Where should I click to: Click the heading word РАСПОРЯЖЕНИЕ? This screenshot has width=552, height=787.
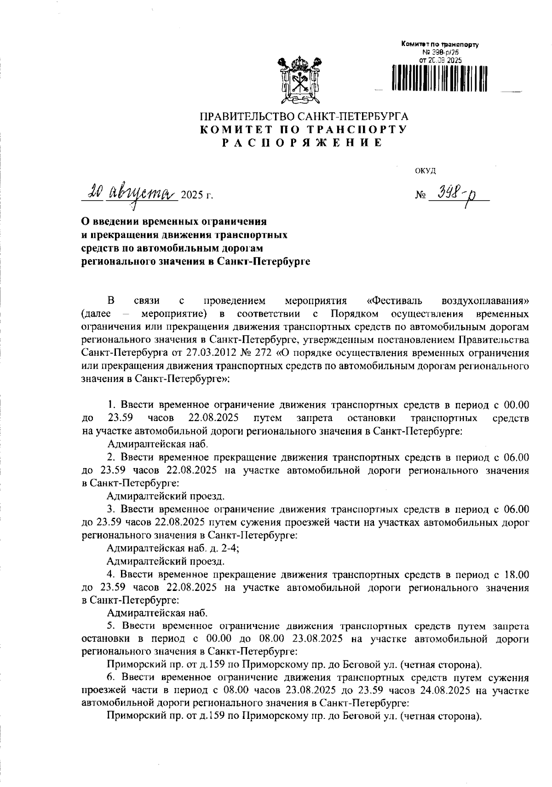point(302,143)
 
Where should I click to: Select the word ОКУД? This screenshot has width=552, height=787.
point(425,171)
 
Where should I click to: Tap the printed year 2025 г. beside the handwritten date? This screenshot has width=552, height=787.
point(197,195)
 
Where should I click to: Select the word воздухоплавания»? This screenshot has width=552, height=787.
point(485,301)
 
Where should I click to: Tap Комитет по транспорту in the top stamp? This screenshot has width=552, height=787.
point(440,45)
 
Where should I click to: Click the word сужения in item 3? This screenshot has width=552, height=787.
point(245,522)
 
